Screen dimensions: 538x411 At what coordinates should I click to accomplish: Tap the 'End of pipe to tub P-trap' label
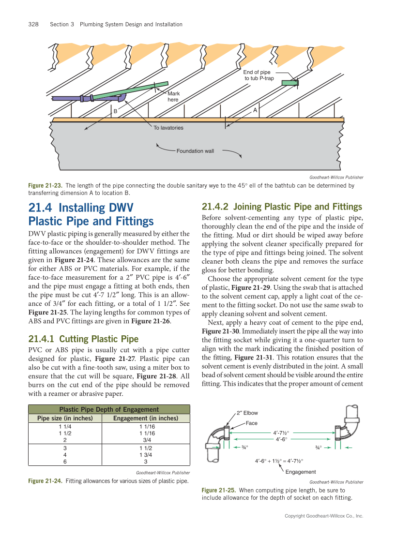(259, 75)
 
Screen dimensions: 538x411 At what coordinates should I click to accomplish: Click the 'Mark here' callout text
(173, 96)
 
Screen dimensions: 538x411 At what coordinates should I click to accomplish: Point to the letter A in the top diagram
(255, 110)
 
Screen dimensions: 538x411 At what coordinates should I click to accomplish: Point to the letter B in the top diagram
(115, 111)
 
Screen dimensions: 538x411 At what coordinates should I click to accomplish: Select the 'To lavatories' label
(168, 128)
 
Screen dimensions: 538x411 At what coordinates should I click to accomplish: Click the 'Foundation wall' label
(195, 151)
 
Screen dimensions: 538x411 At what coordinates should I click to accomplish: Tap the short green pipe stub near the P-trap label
(289, 83)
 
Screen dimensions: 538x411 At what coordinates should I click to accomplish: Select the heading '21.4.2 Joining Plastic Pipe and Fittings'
(282, 207)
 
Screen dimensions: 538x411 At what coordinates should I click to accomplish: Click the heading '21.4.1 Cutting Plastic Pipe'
(83, 339)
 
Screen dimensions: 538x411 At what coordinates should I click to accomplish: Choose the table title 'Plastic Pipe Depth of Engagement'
(108, 409)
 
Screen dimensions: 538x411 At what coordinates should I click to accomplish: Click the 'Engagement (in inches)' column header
(146, 418)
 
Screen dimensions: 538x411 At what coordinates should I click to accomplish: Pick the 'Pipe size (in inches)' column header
(65, 418)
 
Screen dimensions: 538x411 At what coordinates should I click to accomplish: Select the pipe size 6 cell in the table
(65, 462)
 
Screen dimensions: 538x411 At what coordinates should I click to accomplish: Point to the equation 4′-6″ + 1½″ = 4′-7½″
(279, 461)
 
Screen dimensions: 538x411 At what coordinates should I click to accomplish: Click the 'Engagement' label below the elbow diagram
(301, 472)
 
